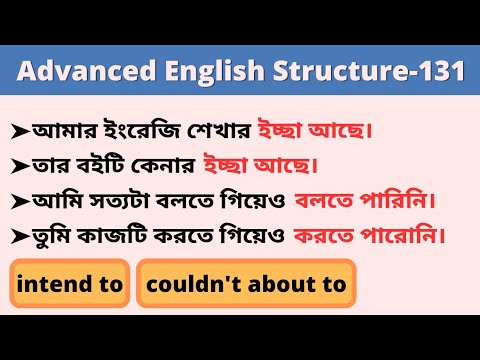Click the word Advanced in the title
[70, 72]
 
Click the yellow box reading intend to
[70, 284]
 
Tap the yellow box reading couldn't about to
[246, 284]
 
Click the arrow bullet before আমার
[21, 129]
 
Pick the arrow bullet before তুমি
[21, 237]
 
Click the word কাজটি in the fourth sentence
[118, 237]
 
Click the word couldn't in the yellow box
[186, 284]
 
